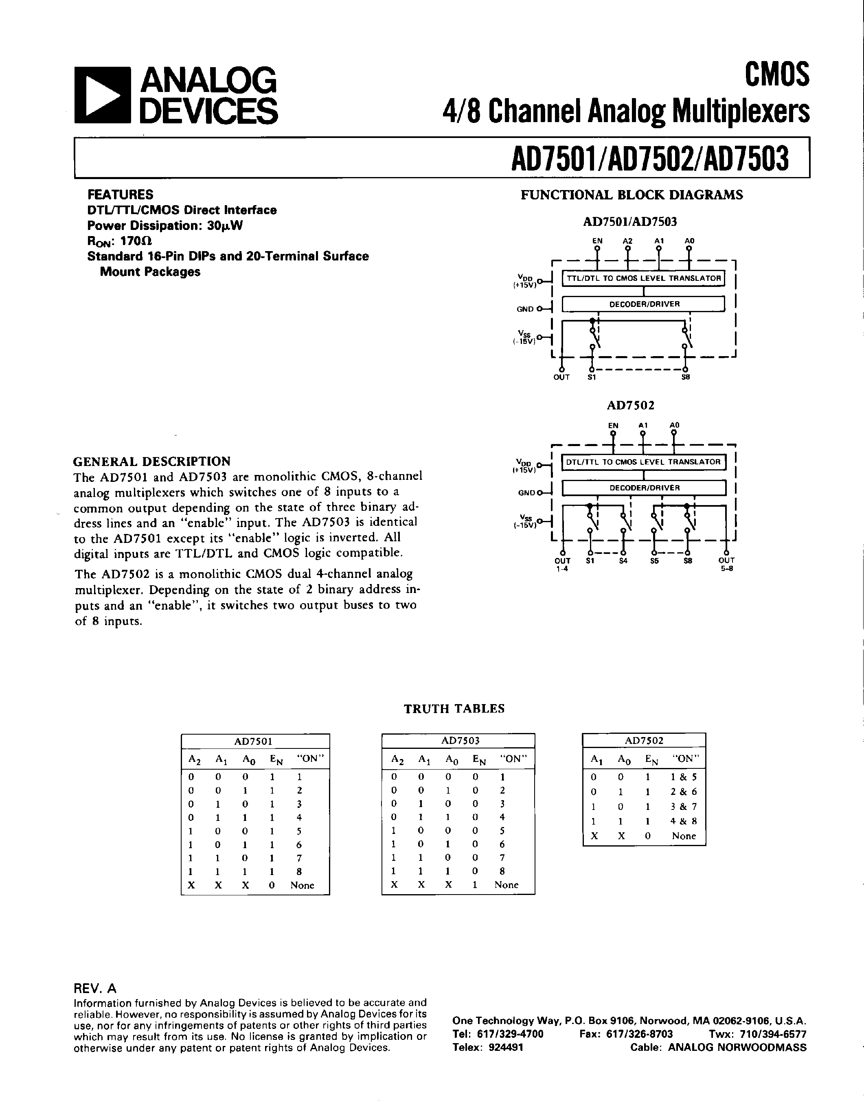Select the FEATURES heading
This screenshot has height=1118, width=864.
point(121,195)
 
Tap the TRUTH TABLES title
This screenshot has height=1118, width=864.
point(454,709)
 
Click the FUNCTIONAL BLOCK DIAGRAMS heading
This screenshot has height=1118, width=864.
point(632,195)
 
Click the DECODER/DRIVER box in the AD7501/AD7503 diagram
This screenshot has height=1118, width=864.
point(644,304)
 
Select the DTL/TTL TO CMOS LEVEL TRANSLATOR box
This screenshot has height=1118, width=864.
point(644,462)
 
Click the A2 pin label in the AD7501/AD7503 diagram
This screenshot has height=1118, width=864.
point(628,241)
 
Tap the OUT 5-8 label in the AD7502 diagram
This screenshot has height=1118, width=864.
point(726,564)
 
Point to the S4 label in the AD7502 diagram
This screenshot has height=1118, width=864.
point(623,560)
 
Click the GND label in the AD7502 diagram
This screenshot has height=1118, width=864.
point(526,492)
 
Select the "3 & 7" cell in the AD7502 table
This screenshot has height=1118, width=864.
point(683,807)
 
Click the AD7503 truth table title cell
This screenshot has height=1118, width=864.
point(458,740)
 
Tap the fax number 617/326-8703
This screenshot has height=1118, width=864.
point(639,1033)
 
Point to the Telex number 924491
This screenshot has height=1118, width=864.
point(506,1047)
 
